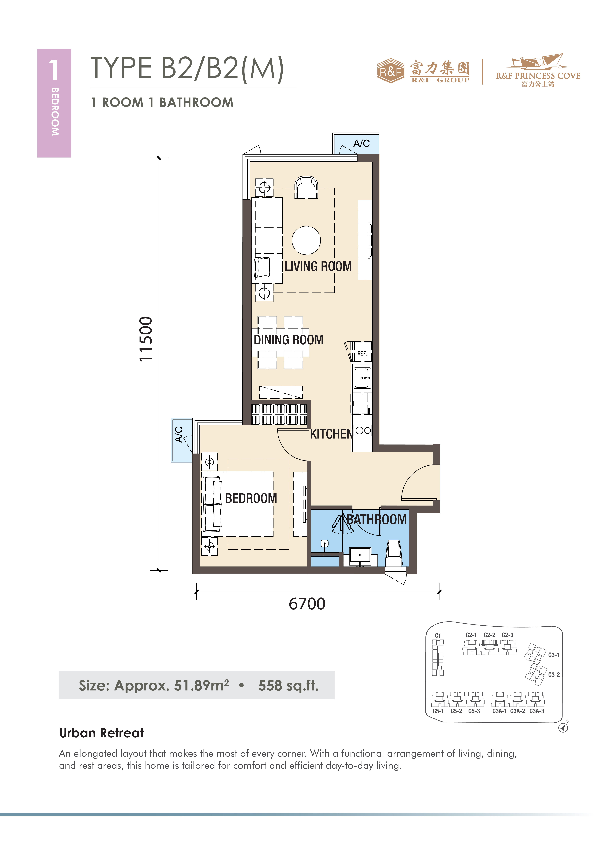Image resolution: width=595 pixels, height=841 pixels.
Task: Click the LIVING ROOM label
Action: pos(318,266)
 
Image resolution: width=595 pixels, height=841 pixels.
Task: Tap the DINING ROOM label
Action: pos(289,340)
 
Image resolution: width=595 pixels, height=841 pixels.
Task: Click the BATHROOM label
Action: pos(377,519)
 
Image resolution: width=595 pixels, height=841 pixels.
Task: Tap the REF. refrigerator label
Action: pos(362,353)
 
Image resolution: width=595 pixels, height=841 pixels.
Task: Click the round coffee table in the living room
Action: pos(306,240)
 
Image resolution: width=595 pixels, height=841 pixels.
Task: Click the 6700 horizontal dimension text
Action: pos(307,604)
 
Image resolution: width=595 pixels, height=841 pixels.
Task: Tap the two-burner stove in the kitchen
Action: pos(363,430)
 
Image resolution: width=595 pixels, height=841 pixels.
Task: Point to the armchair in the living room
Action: pos(306,188)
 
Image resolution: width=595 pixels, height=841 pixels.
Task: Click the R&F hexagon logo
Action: pos(391,71)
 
